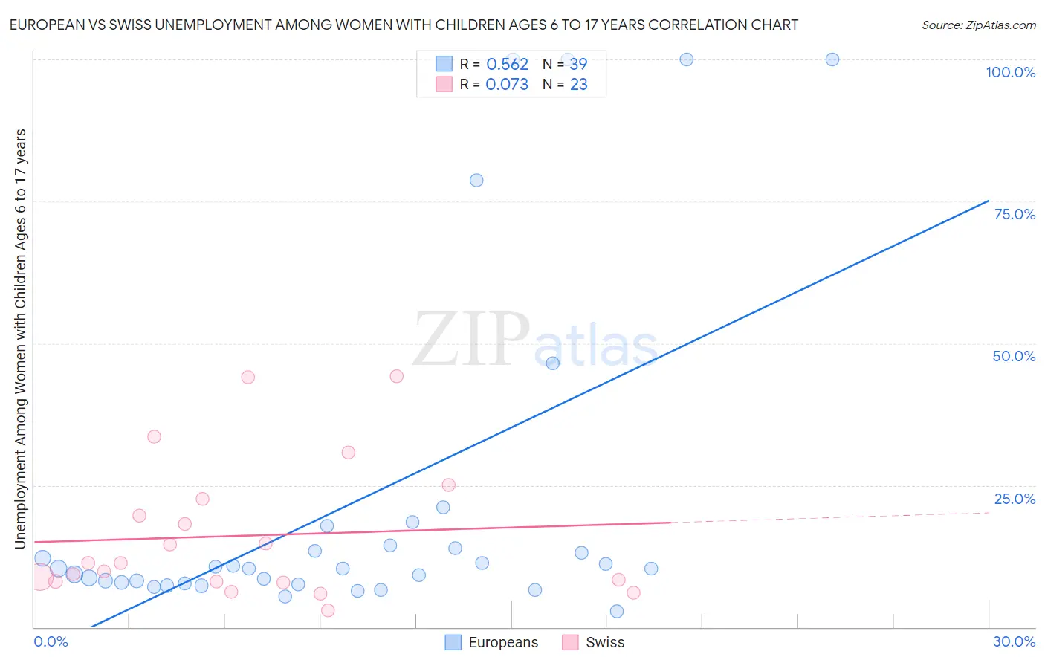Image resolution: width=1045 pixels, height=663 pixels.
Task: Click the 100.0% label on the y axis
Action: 1010,72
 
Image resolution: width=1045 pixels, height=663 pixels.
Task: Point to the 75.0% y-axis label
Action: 1015,214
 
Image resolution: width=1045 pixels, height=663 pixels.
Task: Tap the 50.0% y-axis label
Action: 1014,356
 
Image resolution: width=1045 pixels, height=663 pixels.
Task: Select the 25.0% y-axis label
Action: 1015,499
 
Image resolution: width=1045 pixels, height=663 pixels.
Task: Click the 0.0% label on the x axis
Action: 51,641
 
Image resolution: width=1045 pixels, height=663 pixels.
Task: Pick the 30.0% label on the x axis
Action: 1014,641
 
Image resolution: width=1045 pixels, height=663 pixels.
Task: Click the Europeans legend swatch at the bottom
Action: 453,642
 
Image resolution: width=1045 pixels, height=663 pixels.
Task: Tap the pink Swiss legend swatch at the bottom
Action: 570,642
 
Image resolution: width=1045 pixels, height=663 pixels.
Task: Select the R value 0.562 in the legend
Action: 507,65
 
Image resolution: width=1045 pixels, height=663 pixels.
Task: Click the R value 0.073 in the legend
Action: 507,85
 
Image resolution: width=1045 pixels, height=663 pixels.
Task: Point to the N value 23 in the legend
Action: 578,85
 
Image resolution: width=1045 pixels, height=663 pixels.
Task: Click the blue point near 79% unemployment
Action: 476,180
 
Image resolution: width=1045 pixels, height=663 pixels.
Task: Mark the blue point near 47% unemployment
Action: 552,363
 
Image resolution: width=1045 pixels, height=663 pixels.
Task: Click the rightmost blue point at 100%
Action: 832,59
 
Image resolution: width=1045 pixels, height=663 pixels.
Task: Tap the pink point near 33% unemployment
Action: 154,436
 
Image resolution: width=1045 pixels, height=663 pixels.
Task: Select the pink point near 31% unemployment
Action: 348,452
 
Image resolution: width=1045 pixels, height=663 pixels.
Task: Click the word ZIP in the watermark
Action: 471,339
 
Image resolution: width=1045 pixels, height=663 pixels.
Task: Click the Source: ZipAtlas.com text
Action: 978,25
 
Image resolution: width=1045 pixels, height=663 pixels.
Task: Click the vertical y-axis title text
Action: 20,338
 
